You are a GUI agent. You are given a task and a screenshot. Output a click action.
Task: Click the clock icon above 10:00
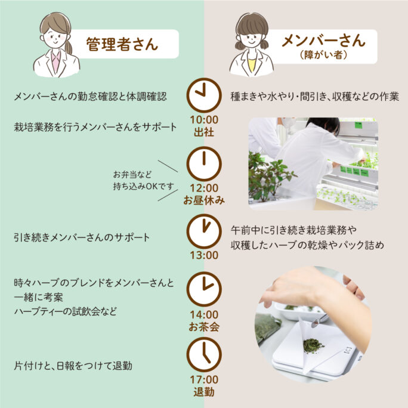pyautogui.click(x=204, y=95)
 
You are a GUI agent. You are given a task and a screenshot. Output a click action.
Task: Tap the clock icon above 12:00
pyautogui.click(x=204, y=163)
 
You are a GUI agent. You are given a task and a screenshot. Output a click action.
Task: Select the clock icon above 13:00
pyautogui.click(x=204, y=231)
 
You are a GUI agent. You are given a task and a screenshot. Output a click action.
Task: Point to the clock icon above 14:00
pyautogui.click(x=204, y=289)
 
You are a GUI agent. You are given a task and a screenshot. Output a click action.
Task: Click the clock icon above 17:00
pyautogui.click(x=204, y=354)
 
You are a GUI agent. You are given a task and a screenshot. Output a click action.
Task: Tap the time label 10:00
pyautogui.click(x=204, y=120)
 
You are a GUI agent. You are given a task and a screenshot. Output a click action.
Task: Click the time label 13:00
pyautogui.click(x=204, y=255)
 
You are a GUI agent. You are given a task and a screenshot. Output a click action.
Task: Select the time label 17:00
pyautogui.click(x=204, y=380)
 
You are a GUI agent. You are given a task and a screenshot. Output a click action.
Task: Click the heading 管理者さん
pyautogui.click(x=122, y=44)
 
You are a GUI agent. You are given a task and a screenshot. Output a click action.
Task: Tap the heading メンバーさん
pyautogui.click(x=324, y=41)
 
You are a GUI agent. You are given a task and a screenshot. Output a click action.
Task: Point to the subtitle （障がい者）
pyautogui.click(x=324, y=55)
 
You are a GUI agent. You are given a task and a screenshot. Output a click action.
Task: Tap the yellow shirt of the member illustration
pyautogui.click(x=252, y=65)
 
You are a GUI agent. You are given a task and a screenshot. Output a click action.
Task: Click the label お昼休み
pyautogui.click(x=204, y=200)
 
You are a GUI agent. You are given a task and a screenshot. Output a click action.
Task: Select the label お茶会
pyautogui.click(x=204, y=327)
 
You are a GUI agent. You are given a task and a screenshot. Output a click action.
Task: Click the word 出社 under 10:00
pyautogui.click(x=204, y=132)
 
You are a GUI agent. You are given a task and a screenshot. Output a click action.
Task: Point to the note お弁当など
pyautogui.click(x=132, y=175)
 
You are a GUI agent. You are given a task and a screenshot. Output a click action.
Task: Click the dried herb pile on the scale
pyautogui.click(x=313, y=345)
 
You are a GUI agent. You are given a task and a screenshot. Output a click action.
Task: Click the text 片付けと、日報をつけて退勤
pyautogui.click(x=73, y=366)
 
